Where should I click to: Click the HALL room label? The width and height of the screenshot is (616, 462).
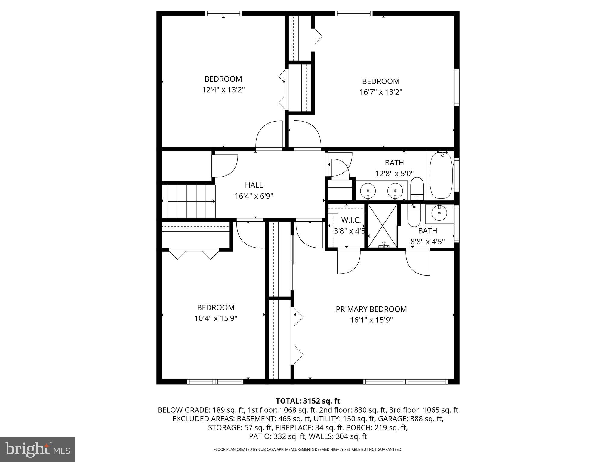pos(254,185)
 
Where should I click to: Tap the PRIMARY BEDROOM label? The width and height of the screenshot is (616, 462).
pos(371,309)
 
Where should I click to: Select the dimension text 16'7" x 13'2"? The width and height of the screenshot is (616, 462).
pos(380,92)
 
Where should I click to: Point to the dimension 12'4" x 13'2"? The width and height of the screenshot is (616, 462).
pos(223,90)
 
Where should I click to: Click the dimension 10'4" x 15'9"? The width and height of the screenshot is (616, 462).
pos(216,318)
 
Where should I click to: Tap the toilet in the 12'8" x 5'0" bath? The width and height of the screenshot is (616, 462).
pos(417,188)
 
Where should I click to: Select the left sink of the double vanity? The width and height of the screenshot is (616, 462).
pos(368,190)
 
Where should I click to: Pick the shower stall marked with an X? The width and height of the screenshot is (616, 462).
pos(383,226)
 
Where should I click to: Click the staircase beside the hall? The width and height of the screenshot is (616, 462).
pos(189,201)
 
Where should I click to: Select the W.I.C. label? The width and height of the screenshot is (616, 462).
pos(351,220)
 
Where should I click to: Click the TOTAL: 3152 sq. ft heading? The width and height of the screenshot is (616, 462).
pos(308,401)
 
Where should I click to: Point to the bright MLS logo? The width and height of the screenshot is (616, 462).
pos(38,449)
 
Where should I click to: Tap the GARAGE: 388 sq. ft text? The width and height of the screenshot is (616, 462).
pos(411,419)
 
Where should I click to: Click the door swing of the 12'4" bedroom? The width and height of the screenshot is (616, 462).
pos(269,135)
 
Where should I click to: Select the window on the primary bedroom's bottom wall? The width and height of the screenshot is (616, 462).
pos(405,382)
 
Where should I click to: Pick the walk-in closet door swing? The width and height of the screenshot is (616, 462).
pos(349,262)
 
